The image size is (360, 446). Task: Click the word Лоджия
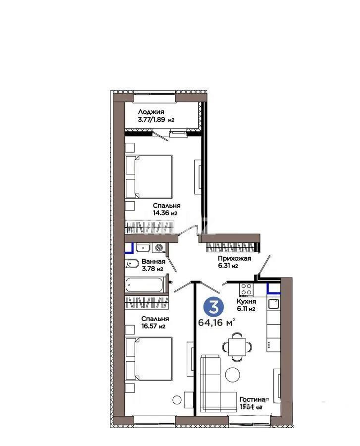151,112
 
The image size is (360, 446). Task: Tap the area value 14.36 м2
165,213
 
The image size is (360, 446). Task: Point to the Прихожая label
235,259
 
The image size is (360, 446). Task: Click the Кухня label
246,301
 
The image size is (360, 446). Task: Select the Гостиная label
255,399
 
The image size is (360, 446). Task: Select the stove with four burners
247,288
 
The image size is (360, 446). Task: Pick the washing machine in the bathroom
158,247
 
